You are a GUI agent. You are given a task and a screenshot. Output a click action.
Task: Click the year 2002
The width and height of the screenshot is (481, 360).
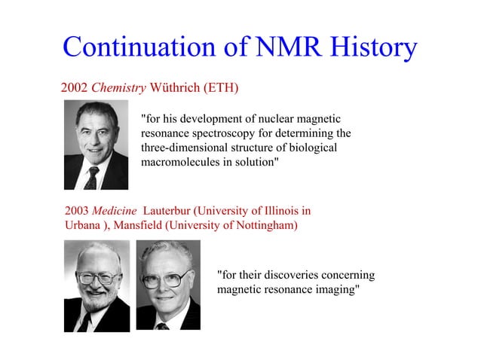click(75, 88)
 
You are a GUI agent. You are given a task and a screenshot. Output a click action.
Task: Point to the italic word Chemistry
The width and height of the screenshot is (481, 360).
click(120, 88)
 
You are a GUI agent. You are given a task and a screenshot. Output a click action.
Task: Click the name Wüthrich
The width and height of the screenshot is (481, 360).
click(175, 88)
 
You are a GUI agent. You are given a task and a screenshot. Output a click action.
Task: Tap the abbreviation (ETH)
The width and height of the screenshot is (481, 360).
click(221, 88)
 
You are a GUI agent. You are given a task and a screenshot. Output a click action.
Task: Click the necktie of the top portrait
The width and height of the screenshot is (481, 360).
click(92, 178)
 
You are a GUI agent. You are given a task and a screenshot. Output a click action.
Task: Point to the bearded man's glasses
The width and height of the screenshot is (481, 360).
click(97, 278)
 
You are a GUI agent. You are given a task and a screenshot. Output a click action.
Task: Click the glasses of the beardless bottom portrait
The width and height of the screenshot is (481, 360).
click(167, 279)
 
